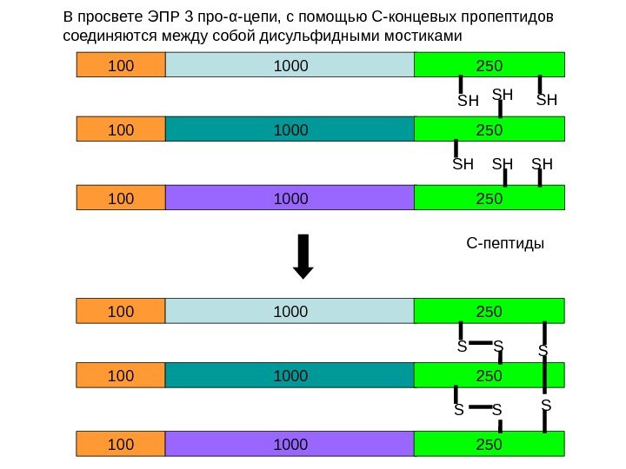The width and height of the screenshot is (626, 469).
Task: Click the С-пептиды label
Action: point(505,244)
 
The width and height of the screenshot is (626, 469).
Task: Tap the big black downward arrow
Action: point(303,257)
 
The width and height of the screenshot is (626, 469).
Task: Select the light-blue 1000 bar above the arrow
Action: point(290,63)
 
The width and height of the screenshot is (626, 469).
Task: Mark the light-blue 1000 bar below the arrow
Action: point(290,310)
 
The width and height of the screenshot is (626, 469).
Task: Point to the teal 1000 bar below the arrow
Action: point(290,375)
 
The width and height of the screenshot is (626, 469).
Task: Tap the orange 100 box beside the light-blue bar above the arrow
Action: point(120,63)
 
